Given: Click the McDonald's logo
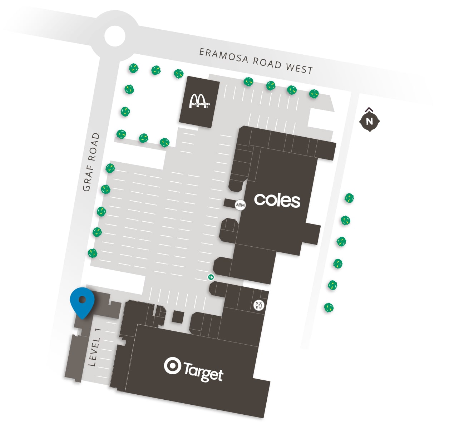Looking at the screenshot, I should point(199,101).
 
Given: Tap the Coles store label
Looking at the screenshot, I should point(277,200).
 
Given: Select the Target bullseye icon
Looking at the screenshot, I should point(172,366).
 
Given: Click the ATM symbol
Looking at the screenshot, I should point(240,205).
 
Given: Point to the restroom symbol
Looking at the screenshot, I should point(259,305).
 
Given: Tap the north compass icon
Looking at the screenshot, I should point(369,121).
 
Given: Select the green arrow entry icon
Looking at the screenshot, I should point(211,277).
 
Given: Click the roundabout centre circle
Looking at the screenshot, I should point(115,36).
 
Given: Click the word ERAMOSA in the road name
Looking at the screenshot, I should point(223,56).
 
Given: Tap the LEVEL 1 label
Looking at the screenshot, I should point(95,347).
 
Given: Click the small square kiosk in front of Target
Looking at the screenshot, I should point(178,317).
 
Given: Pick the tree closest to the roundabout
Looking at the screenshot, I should point(133,68).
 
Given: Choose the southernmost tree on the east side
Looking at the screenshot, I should point(329,307).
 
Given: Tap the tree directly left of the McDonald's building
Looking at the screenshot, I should point(178,74).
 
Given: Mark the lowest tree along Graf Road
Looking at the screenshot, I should point(93,253).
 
